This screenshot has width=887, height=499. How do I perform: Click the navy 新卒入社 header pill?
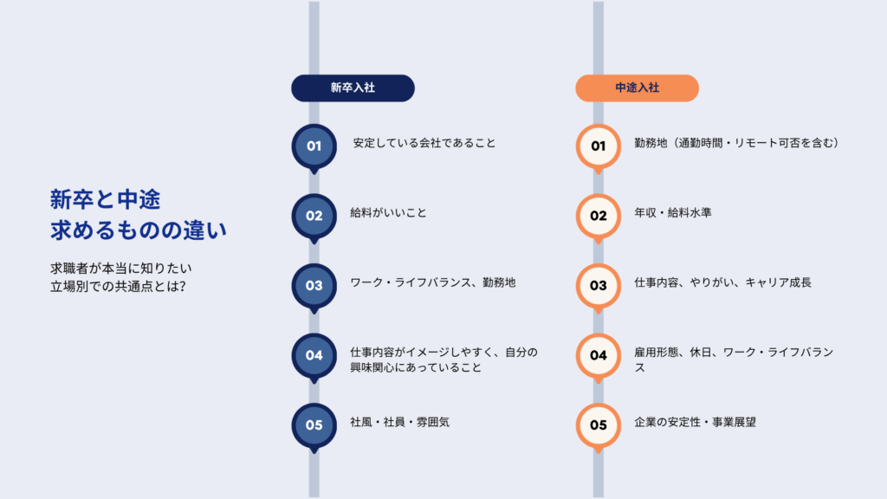(x=353, y=87)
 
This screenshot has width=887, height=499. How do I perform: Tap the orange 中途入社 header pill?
(x=637, y=87)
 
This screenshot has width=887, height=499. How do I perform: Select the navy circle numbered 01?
(x=314, y=146)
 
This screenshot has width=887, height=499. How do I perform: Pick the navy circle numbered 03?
(x=314, y=285)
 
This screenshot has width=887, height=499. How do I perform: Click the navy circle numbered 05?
(x=314, y=424)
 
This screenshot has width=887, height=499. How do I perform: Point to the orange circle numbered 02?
(x=599, y=216)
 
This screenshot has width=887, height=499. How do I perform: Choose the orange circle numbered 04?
(x=599, y=355)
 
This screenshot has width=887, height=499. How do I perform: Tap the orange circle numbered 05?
(x=599, y=424)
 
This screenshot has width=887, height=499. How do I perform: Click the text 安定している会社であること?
(x=424, y=143)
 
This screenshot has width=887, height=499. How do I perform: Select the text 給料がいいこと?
(x=388, y=212)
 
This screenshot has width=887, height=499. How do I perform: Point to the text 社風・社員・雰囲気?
(x=399, y=422)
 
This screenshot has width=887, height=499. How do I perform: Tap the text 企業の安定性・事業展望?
(x=696, y=422)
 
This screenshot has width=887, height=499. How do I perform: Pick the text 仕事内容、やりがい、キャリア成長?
(x=722, y=282)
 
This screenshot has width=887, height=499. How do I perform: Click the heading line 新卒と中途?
(x=105, y=200)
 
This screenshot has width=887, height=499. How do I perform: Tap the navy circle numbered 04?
(x=314, y=355)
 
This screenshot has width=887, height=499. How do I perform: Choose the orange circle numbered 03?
(x=599, y=285)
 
